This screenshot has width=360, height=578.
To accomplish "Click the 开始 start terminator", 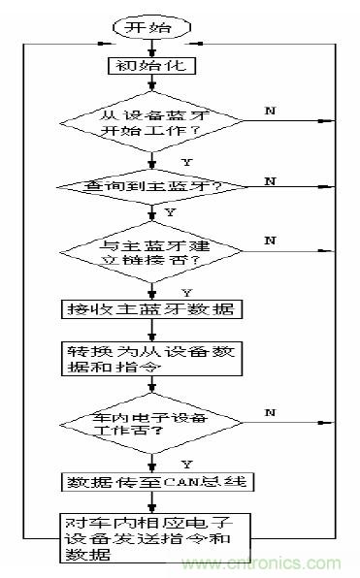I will point(149,27).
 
